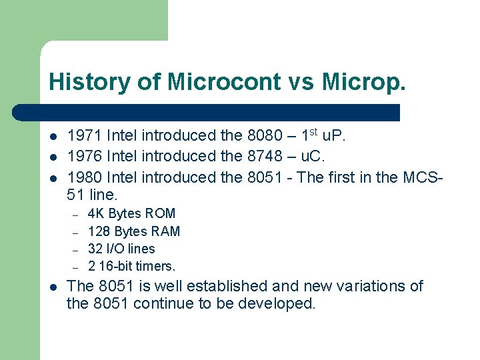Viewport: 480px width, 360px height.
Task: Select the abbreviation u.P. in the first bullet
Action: pos(333,136)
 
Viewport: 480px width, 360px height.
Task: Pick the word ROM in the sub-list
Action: pos(161,214)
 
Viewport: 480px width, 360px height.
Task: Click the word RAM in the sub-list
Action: pos(165,231)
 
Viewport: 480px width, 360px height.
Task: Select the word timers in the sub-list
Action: pos(155,266)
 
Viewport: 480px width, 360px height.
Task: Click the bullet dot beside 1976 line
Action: pos(53,157)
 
